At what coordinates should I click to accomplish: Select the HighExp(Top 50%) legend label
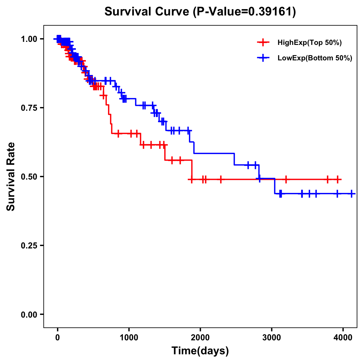(x=309, y=43)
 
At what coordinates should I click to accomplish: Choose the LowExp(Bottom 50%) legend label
(x=315, y=58)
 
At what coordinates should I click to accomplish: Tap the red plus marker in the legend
(x=263, y=43)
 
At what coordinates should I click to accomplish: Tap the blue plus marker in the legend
(x=263, y=58)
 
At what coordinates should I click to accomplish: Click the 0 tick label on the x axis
(x=57, y=338)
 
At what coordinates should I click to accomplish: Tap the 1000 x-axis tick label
(x=129, y=338)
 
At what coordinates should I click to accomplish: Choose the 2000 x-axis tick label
(x=200, y=338)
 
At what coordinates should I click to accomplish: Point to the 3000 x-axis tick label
(x=272, y=338)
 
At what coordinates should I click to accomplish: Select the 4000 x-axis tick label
(x=343, y=338)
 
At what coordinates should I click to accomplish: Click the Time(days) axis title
(x=200, y=351)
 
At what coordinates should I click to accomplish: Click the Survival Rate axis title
(x=11, y=177)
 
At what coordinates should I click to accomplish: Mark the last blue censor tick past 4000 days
(x=351, y=194)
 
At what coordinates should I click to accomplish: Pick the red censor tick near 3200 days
(x=286, y=179)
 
